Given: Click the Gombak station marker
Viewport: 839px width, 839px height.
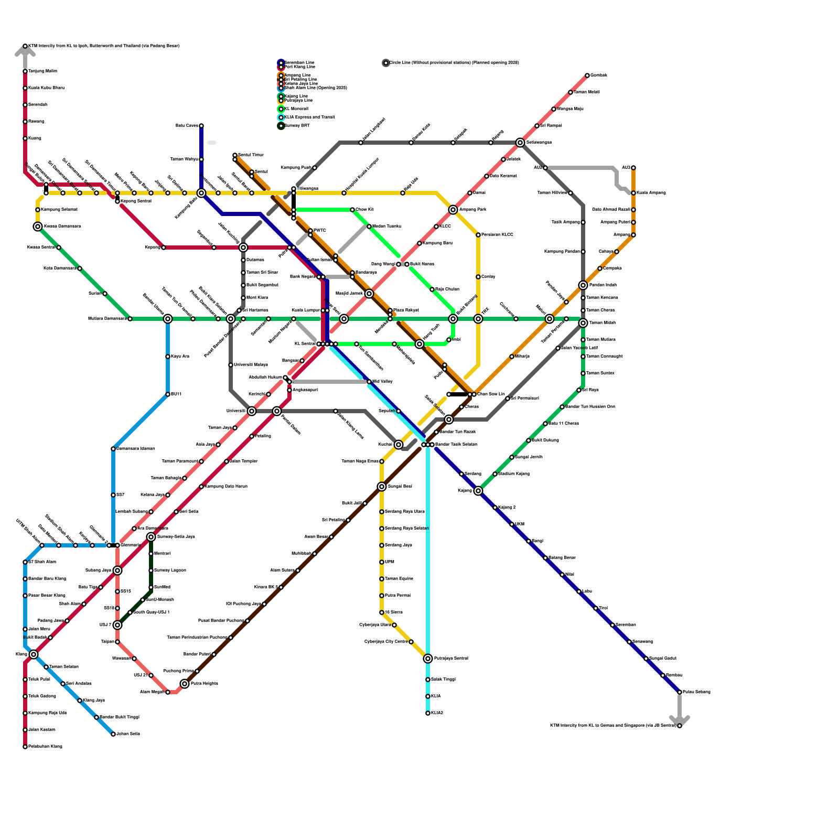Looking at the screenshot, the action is (x=587, y=76).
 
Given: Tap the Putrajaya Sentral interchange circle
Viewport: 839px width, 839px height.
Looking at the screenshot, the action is (x=428, y=659).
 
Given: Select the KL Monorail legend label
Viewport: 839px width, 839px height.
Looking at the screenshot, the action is (x=296, y=109).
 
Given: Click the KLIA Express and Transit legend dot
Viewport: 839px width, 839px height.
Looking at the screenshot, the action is (x=281, y=117).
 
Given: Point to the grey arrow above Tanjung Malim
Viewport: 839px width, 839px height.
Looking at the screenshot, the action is (x=25, y=51).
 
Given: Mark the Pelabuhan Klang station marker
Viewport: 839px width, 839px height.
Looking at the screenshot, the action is (x=25, y=747).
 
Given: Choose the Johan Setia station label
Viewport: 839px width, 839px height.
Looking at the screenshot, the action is (x=128, y=734).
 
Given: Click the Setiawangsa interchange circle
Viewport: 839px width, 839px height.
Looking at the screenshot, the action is (x=520, y=143).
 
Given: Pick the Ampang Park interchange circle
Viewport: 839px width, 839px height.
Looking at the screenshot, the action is (x=453, y=210).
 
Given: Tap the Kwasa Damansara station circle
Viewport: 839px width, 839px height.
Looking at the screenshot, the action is (x=38, y=227).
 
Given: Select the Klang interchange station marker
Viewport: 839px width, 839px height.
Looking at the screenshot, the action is (x=34, y=654).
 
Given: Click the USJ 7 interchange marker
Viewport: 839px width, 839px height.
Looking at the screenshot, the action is (x=117, y=625).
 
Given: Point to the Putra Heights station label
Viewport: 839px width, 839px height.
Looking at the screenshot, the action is (x=204, y=684).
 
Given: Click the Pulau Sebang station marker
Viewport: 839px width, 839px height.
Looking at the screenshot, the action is (x=680, y=692).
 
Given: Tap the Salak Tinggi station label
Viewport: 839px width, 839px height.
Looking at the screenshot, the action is (x=443, y=680).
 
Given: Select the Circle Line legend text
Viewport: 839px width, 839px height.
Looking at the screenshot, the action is (x=454, y=63).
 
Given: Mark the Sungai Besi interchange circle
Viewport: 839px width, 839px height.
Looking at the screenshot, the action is (x=382, y=487).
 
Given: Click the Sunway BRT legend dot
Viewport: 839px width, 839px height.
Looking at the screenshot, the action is (x=281, y=126).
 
